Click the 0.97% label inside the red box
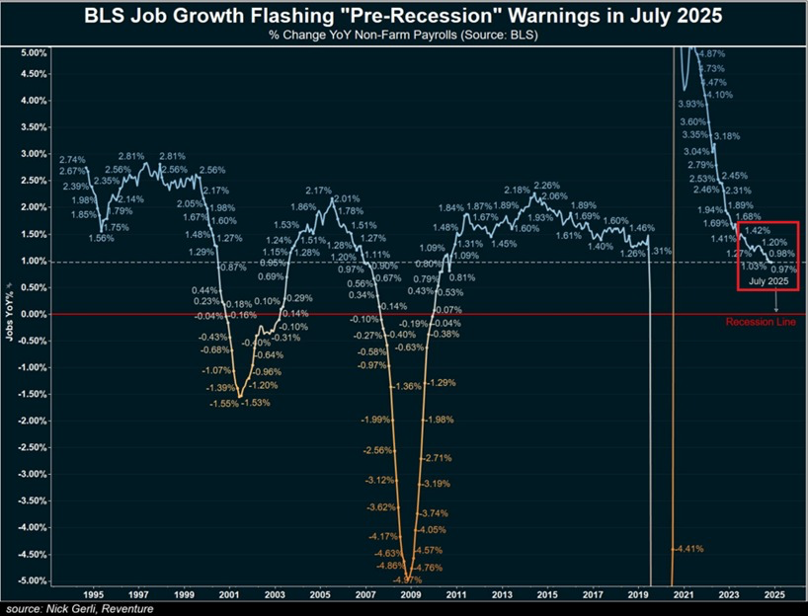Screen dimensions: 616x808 click(x=783, y=269)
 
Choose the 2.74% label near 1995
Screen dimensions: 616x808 click(x=73, y=160)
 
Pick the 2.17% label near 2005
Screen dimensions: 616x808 click(x=318, y=191)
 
